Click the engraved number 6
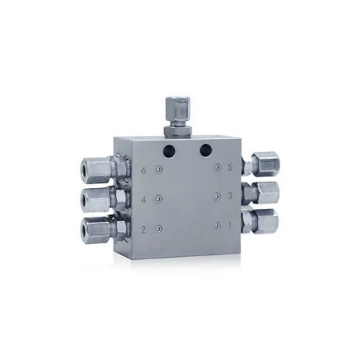(143, 171)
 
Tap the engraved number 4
(143, 199)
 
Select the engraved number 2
(143, 230)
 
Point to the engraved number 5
(230, 167)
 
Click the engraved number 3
(230, 196)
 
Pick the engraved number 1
(230, 225)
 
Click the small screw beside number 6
(158, 170)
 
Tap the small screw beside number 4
(158, 199)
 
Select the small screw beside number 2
(158, 229)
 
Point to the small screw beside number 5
(217, 167)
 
